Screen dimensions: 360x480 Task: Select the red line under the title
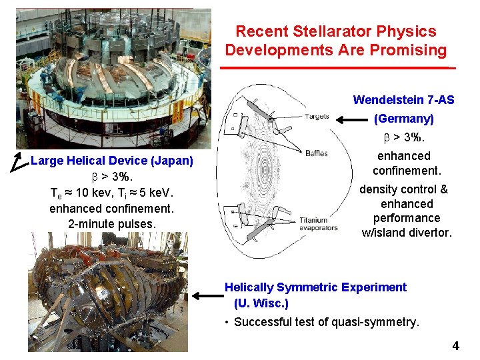point(337,68)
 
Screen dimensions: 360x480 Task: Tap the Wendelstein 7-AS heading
point(403,100)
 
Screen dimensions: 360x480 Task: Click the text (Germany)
point(403,119)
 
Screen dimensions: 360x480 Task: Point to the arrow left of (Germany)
point(351,121)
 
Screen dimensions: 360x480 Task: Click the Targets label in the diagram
point(317,117)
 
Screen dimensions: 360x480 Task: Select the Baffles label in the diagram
point(316,153)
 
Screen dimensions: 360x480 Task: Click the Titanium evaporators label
point(313,224)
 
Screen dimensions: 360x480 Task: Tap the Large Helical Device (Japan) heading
point(112,161)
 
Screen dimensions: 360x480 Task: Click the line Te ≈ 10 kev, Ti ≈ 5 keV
point(111,193)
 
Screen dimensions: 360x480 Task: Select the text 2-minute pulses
point(111,223)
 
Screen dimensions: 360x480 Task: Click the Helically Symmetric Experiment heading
point(315,287)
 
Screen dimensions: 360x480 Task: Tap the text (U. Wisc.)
point(261,303)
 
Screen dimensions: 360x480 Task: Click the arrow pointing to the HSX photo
point(206,295)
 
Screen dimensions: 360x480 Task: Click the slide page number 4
point(455,346)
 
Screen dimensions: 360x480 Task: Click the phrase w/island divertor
point(406,233)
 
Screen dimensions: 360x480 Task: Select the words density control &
point(403,189)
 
